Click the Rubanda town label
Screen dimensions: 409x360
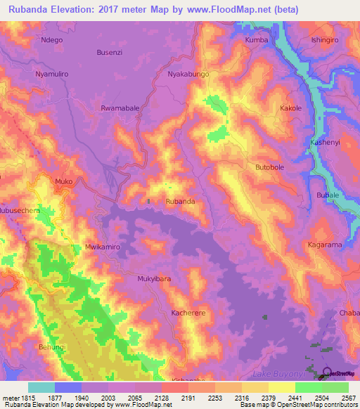180,202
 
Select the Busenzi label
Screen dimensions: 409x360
110,52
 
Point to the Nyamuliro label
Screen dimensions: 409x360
54,74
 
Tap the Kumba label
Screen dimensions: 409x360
257,40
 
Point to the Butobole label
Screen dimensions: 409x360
269,168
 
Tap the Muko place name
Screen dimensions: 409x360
64,181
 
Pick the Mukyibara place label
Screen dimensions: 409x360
154,278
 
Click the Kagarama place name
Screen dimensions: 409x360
325,245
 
